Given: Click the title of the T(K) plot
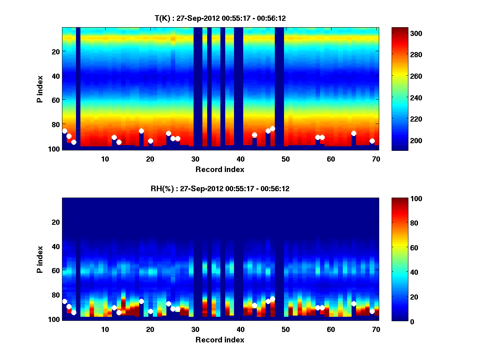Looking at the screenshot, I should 220,18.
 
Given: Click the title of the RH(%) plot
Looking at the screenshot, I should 220,189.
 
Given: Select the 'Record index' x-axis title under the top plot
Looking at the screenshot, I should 220,170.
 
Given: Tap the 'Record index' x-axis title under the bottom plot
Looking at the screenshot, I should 220,340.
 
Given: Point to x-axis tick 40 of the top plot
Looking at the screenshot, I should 240,159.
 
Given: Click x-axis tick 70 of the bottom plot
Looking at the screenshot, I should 376,329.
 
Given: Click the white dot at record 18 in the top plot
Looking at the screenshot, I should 141,131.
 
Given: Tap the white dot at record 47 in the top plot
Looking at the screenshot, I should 272,128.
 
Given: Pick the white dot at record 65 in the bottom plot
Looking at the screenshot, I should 354,304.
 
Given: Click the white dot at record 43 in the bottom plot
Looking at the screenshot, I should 254,306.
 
